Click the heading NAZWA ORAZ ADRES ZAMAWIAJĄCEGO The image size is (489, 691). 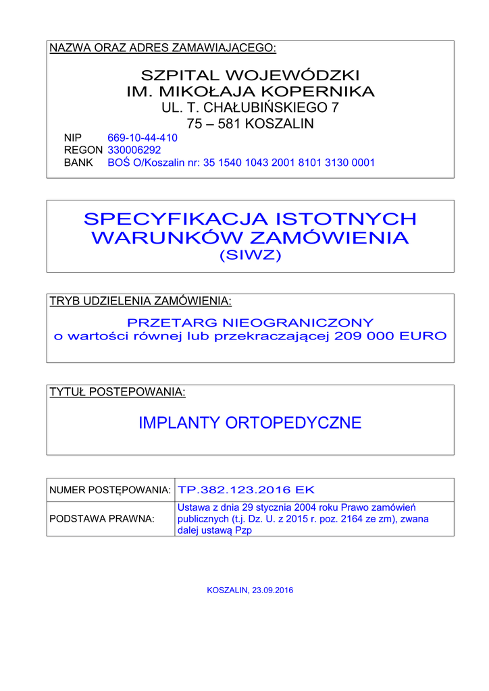(163, 48)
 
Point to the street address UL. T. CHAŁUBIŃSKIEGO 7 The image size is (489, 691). (250, 107)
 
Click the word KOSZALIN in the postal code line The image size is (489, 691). (280, 124)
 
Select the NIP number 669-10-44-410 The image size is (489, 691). (143, 138)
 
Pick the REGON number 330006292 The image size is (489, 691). (134, 150)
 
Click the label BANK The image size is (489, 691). (78, 163)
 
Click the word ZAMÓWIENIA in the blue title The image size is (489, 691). (329, 238)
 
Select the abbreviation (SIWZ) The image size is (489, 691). (250, 256)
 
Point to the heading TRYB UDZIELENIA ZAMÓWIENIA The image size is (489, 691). (140, 301)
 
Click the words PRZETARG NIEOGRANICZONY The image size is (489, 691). (250, 323)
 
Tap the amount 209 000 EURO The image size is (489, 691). (390, 336)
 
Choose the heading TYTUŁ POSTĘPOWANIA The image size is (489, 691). (118, 392)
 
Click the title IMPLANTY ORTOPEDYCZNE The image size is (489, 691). (250, 423)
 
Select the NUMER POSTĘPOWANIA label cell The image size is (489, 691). (110, 490)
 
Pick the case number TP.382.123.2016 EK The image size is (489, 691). (246, 490)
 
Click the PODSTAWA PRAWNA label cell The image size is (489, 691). (102, 519)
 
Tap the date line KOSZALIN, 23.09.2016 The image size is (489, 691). (250, 590)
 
